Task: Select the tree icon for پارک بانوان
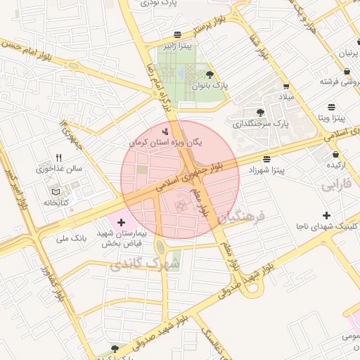coord(210,73)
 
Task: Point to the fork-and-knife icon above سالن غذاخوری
coord(60,158)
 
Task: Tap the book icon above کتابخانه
coord(56,191)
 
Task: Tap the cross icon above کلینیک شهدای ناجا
coord(326,214)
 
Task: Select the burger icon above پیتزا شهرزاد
coord(266,159)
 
